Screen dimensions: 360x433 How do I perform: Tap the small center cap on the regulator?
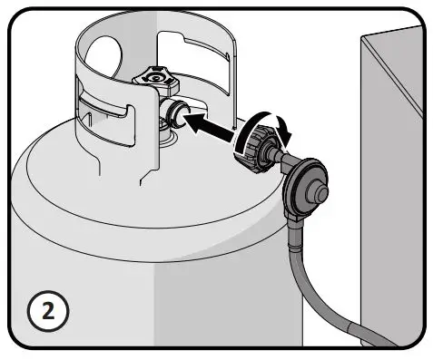click(x=317, y=192)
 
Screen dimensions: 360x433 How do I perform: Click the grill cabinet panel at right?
click(x=395, y=181)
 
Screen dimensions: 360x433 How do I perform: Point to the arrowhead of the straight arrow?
click(x=194, y=118)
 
